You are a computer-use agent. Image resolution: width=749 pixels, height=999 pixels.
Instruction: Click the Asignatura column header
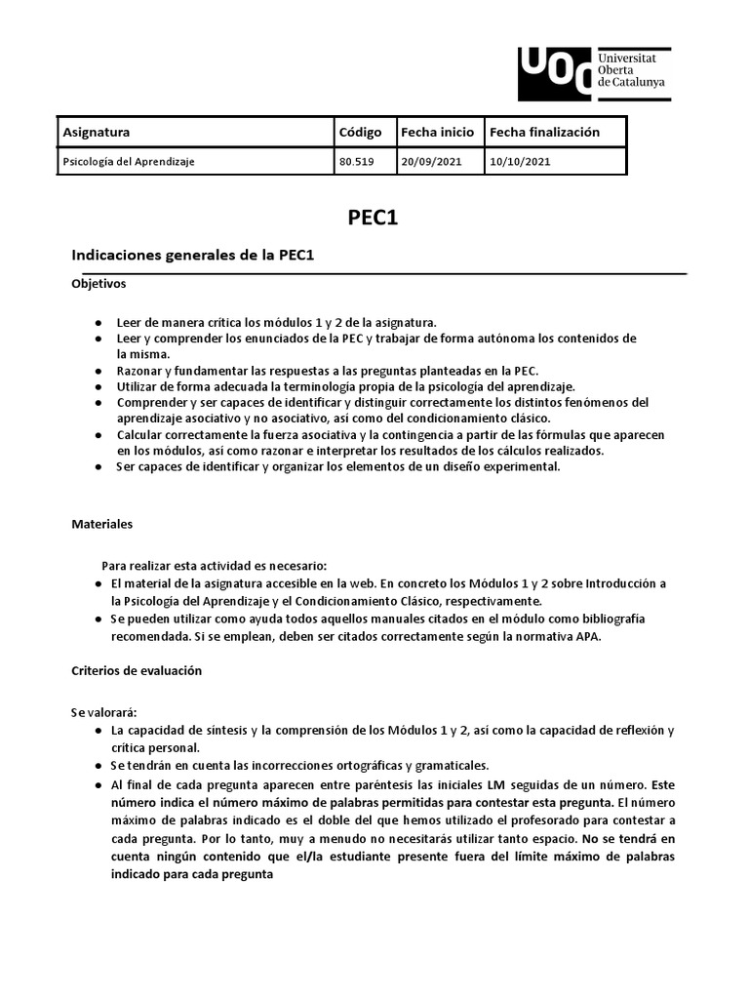pos(97,132)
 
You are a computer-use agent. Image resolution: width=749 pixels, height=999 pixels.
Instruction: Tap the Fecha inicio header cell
pos(437,132)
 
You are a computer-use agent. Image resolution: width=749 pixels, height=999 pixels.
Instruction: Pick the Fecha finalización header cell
pos(544,132)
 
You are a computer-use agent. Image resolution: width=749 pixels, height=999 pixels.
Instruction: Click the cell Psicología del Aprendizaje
pos(128,162)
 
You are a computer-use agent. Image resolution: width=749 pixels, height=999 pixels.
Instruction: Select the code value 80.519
pos(356,162)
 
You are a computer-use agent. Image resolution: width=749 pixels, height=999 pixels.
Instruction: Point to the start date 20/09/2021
pos(430,162)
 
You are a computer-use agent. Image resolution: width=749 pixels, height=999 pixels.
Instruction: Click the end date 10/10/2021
pos(520,162)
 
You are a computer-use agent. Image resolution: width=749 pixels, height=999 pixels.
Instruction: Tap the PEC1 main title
pos(374,218)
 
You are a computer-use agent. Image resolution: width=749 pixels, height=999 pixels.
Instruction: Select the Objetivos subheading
pos(99,284)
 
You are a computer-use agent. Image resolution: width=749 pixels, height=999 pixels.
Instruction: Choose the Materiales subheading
pos(101,524)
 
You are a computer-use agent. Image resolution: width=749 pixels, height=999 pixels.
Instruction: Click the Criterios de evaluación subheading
pos(137,670)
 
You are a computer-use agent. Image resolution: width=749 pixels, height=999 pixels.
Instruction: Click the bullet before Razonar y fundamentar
pos(99,372)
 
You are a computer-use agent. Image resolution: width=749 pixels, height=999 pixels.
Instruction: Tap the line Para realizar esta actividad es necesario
pos(215,566)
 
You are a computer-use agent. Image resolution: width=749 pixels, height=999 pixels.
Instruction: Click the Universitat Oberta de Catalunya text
pos(632,69)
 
